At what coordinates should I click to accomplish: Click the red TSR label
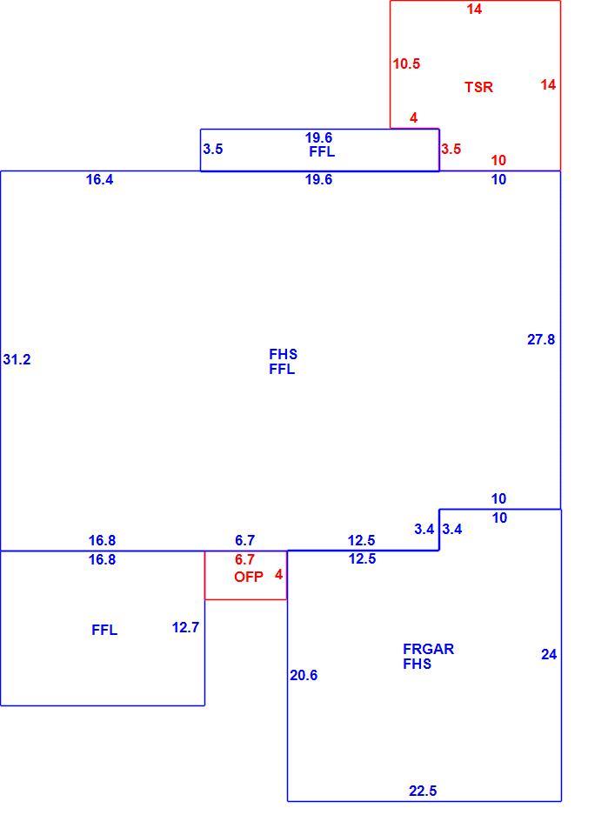(478, 87)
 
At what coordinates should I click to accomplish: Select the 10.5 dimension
(406, 63)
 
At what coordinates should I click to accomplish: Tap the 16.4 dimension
(99, 179)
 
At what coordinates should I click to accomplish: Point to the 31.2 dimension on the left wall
(17, 359)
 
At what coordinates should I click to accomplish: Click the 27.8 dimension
(541, 339)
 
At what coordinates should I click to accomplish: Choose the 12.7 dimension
(185, 627)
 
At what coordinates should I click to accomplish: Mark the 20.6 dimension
(304, 675)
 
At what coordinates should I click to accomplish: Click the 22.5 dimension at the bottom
(423, 791)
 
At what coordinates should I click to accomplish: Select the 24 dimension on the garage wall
(549, 654)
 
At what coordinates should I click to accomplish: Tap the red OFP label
(249, 577)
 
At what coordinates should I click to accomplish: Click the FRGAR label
(428, 649)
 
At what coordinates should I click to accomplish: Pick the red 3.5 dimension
(451, 149)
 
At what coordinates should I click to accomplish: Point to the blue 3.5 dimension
(212, 149)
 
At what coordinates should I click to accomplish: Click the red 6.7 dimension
(244, 559)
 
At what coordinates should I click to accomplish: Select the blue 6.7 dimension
(244, 540)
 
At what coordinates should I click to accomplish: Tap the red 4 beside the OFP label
(278, 575)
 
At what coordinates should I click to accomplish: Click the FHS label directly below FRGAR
(418, 664)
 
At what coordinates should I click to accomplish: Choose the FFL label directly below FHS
(282, 369)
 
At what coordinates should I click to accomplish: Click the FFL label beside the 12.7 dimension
(104, 630)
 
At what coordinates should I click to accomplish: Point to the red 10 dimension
(498, 160)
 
